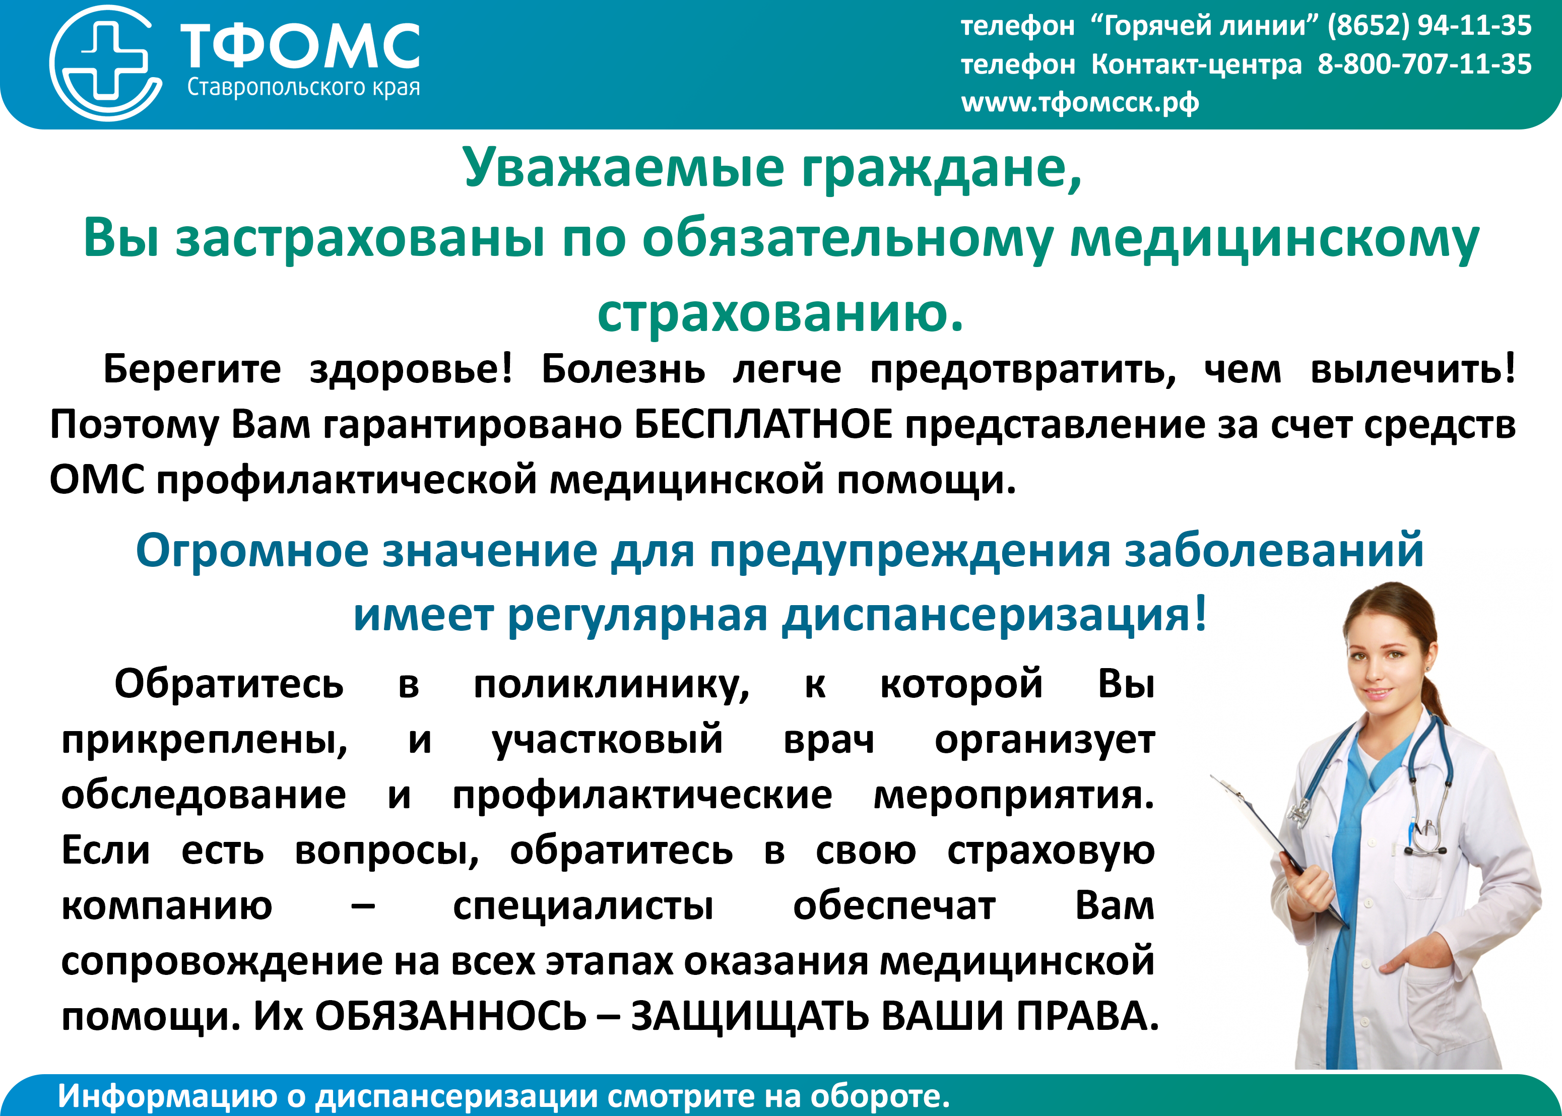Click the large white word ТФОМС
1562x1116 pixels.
tap(300, 46)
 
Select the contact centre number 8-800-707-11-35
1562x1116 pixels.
tap(1424, 64)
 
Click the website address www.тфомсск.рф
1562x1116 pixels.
tap(1080, 102)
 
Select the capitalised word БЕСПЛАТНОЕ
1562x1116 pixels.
tap(763, 424)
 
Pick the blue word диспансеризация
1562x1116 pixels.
tap(994, 615)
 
